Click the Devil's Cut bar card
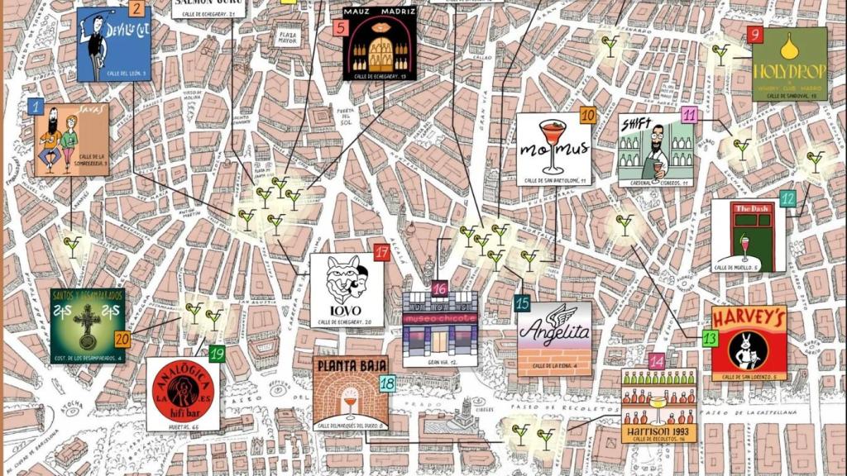tap(114, 44)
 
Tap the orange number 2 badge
tap(136, 10)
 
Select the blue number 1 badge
tap(36, 107)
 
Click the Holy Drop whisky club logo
tap(789, 64)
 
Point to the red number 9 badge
tap(754, 35)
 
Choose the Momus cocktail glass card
tap(553, 149)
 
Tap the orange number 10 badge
tap(588, 116)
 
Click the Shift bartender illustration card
tap(656, 150)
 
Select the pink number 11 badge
tap(689, 115)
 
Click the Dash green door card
tap(748, 236)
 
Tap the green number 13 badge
tap(710, 338)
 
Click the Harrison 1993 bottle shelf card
tap(658, 406)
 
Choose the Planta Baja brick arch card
tap(351, 393)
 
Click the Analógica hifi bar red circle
tap(183, 393)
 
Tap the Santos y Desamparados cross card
tap(87, 325)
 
